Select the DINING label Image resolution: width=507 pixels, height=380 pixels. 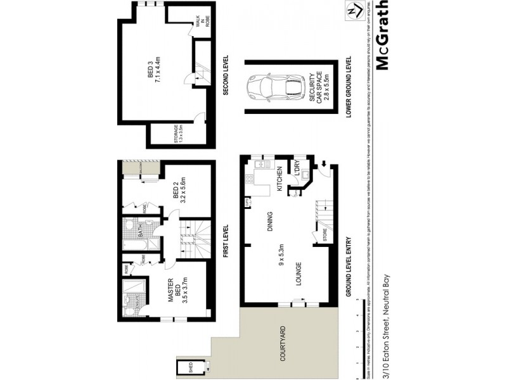(269, 224)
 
